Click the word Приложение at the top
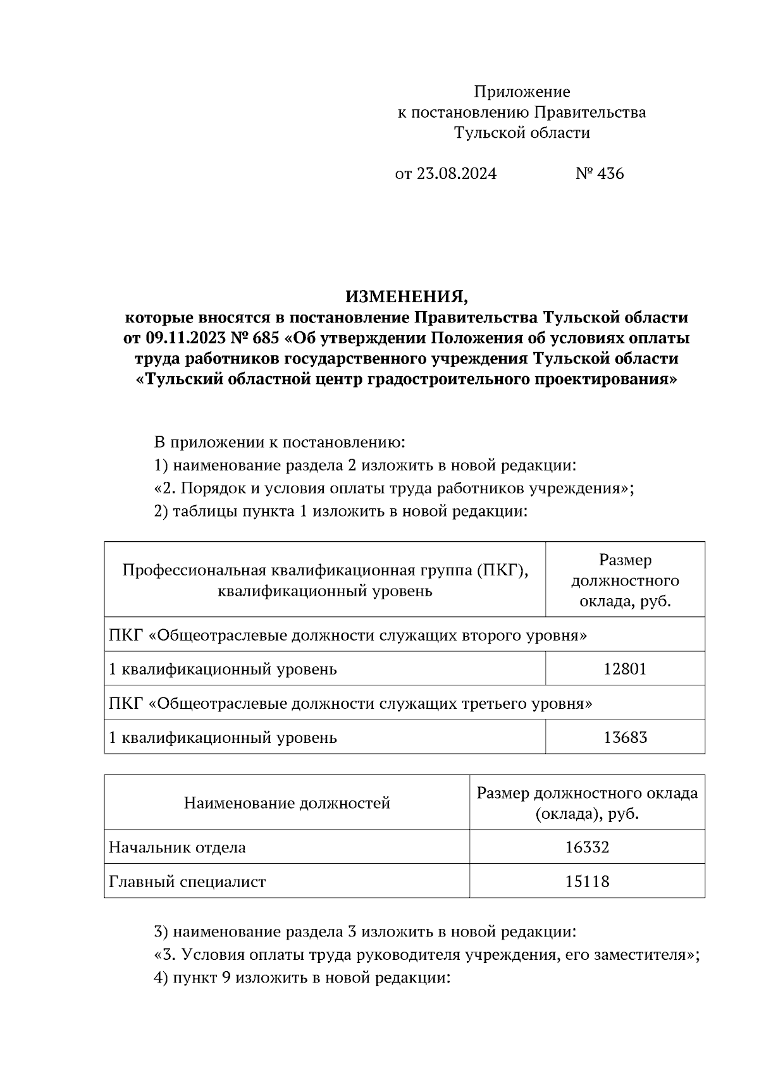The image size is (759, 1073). pyautogui.click(x=522, y=92)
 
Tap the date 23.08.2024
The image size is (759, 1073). pyautogui.click(x=456, y=174)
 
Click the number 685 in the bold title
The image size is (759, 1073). pyautogui.click(x=266, y=338)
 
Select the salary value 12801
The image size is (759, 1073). pyautogui.click(x=625, y=669)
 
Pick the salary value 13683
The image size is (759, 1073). pyautogui.click(x=625, y=737)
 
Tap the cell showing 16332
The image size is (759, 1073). pyautogui.click(x=587, y=847)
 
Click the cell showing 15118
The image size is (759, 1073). pyautogui.click(x=587, y=881)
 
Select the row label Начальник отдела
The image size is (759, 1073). pyautogui.click(x=177, y=847)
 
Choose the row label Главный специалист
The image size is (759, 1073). pyautogui.click(x=187, y=881)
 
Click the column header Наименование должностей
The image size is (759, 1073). pyautogui.click(x=287, y=804)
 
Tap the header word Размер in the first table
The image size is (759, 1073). pyautogui.click(x=625, y=560)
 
